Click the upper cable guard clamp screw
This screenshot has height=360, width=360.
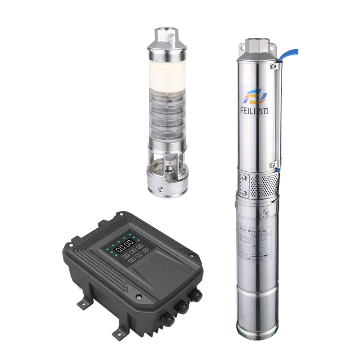coord(273,67)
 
